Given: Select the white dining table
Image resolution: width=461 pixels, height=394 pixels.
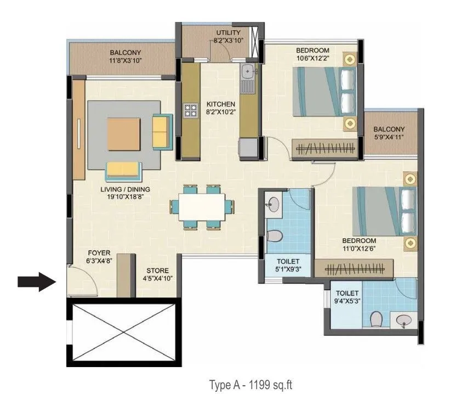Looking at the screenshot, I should point(201,206).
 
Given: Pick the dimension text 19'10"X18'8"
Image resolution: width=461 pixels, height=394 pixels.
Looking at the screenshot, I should point(125,198).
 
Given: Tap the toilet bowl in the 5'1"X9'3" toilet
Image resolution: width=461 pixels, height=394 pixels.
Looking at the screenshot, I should point(276,237).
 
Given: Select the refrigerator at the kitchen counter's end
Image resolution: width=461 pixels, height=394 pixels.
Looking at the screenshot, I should point(247,147).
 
